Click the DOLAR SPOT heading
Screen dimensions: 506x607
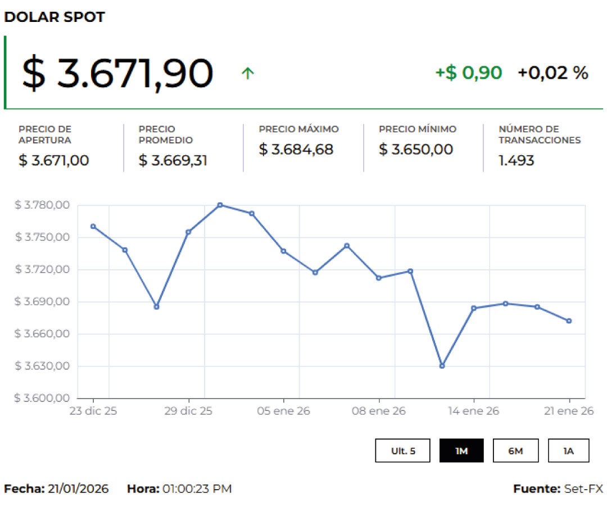tap(55, 17)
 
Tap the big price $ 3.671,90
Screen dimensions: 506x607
tap(117, 73)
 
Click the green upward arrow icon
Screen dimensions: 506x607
tap(247, 73)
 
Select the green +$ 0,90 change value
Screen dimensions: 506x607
tap(468, 73)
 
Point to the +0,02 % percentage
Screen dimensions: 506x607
tap(552, 73)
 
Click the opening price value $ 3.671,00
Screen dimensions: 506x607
tap(54, 160)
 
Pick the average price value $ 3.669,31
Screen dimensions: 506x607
tap(173, 160)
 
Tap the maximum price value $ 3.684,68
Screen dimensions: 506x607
tap(296, 150)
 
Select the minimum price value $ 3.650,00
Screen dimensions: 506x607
tap(416, 150)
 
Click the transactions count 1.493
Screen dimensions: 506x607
tap(516, 160)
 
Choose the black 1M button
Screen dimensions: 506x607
tap(461, 451)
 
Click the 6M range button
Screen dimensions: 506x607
tap(515, 451)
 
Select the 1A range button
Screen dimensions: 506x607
tap(569, 451)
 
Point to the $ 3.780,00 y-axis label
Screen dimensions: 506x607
tap(42, 205)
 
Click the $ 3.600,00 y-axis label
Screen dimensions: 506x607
tap(42, 398)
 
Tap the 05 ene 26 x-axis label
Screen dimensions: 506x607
tap(283, 411)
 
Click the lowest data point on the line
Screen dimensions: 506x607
tap(442, 366)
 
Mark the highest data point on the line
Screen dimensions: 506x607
tap(220, 205)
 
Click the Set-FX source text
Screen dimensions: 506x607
tap(583, 489)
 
